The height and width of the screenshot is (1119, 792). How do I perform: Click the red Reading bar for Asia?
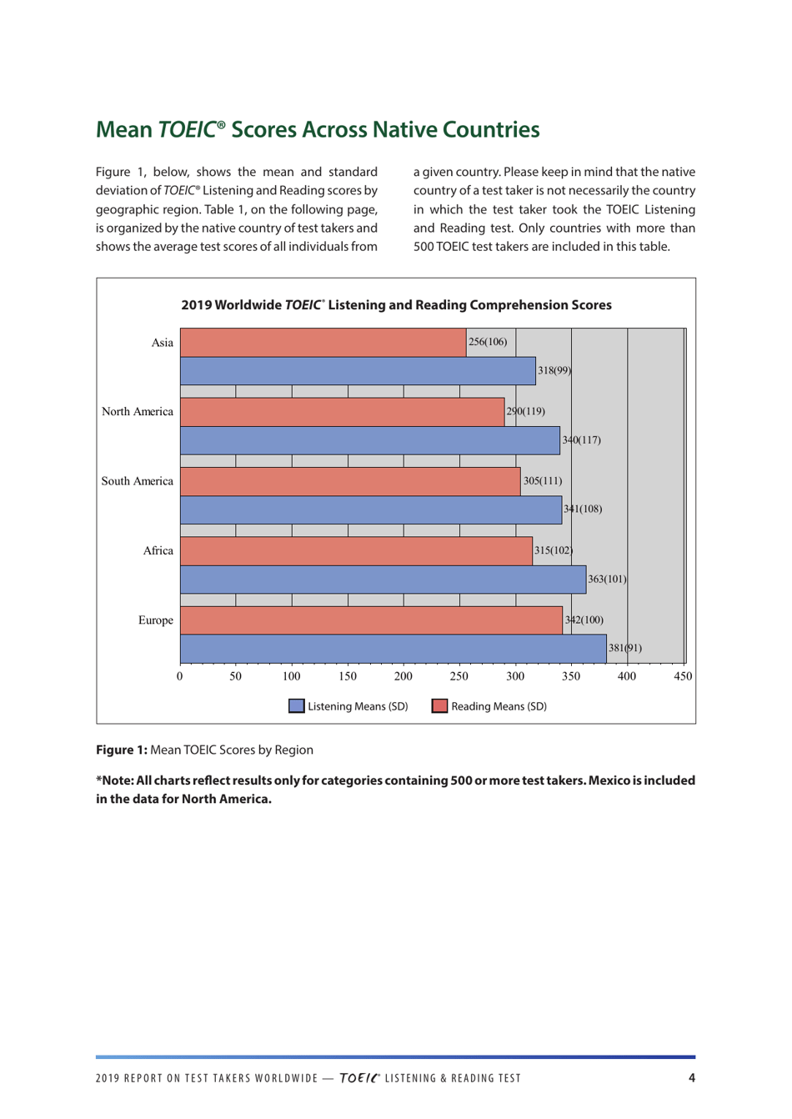323,343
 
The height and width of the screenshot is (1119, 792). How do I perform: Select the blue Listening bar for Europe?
393,649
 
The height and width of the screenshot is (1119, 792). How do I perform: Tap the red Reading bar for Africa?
356,551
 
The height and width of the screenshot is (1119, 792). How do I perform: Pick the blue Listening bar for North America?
369,440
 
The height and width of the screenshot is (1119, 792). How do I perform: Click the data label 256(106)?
488,342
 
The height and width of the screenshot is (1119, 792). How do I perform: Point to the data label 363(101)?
607,579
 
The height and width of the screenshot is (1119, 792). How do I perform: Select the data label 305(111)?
543,481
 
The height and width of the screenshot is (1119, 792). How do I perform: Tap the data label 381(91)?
624,648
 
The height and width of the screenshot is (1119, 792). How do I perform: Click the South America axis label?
138,481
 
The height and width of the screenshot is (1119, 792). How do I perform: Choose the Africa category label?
158,551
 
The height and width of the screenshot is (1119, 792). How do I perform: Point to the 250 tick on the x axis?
459,676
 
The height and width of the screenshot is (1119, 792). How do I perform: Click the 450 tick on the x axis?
683,676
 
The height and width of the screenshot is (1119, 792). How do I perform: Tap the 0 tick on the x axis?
180,676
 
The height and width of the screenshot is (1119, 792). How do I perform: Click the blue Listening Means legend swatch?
297,706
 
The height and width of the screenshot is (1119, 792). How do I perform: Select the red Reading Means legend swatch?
439,706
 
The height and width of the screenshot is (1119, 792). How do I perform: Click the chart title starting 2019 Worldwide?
396,305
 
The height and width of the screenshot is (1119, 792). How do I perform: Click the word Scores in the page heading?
263,130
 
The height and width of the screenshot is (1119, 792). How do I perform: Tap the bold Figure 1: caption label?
122,750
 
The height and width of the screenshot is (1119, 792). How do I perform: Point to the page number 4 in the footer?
691,1078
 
